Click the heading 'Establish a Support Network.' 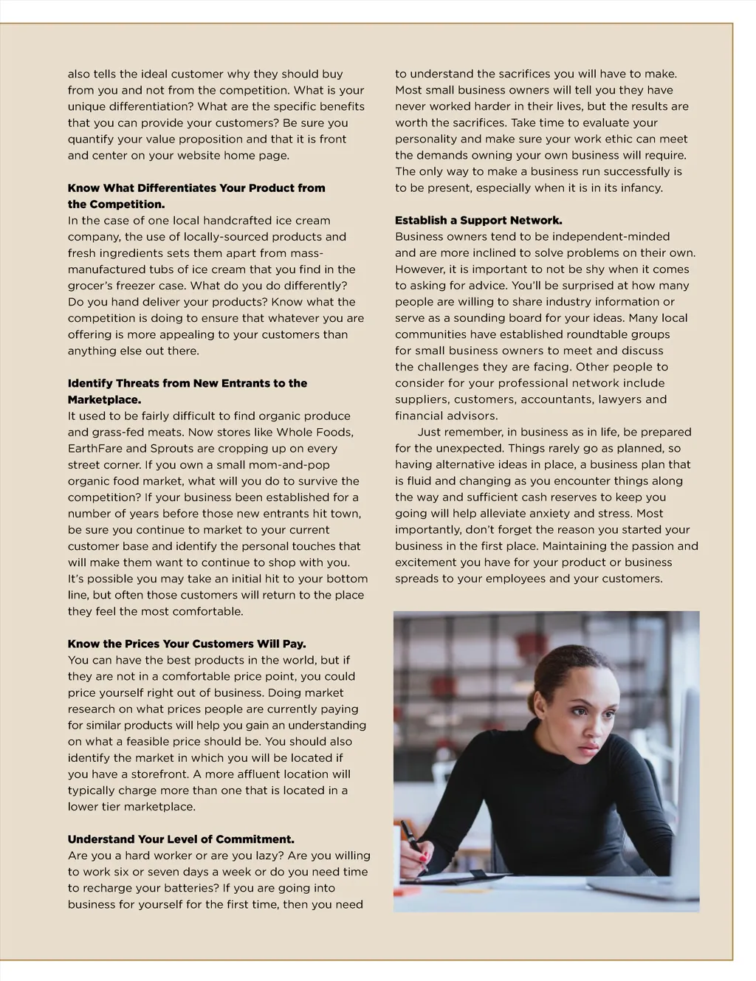(x=478, y=221)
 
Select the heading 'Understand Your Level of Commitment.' (x=181, y=839)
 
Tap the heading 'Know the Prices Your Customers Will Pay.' (x=187, y=644)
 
